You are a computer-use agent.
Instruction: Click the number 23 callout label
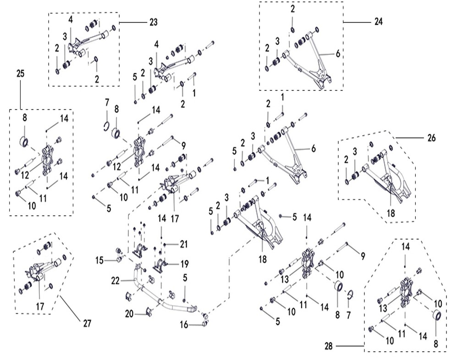[153, 22]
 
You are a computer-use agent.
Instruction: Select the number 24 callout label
[378, 22]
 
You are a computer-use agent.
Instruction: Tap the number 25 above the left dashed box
[20, 73]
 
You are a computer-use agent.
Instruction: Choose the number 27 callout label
[87, 324]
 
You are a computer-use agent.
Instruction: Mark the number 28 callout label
[328, 346]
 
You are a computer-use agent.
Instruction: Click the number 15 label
[100, 260]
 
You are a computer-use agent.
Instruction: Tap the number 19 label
[184, 264]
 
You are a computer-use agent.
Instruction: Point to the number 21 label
[184, 244]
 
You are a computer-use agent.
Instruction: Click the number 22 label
[116, 279]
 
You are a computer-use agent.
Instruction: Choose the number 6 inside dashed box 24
[338, 53]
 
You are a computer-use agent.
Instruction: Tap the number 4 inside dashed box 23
[71, 19]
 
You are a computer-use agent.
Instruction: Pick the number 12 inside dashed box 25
[24, 175]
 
